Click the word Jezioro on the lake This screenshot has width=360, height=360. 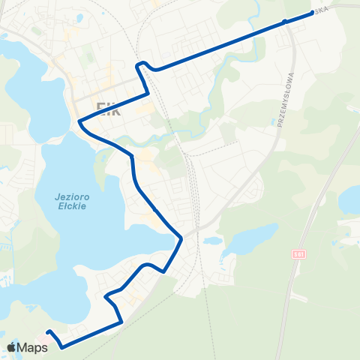pyautogui.click(x=72, y=196)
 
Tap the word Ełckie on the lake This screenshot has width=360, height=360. pyautogui.click(x=72, y=205)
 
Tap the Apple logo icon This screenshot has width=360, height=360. pyautogui.click(x=12, y=347)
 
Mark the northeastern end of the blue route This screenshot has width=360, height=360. pyautogui.click(x=312, y=13)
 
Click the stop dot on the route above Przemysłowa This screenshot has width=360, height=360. pyautogui.click(x=284, y=22)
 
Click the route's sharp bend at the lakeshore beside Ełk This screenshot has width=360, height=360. pyautogui.click(x=79, y=120)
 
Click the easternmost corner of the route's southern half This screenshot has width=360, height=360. pyautogui.click(x=181, y=240)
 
